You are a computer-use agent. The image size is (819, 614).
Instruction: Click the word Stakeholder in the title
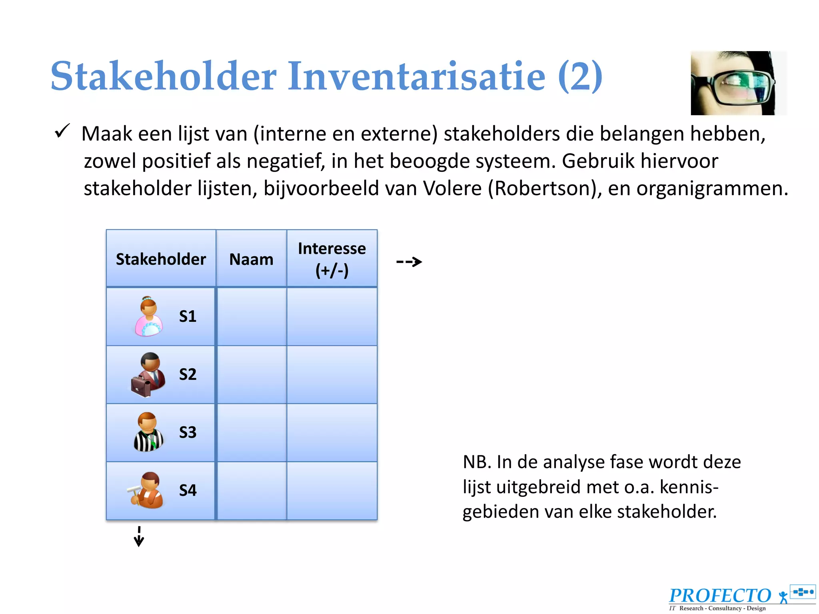pyautogui.click(x=163, y=76)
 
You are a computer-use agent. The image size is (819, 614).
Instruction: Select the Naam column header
pyautogui.click(x=251, y=259)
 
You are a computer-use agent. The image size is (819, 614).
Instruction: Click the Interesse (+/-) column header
pyautogui.click(x=332, y=259)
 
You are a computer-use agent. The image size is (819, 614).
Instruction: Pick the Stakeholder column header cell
pyautogui.click(x=161, y=259)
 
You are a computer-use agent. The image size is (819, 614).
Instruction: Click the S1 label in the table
pyautogui.click(x=188, y=316)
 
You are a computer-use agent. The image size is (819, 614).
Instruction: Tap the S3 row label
pyautogui.click(x=188, y=432)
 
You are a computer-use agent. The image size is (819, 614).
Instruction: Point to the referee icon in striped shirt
pyautogui.click(x=148, y=433)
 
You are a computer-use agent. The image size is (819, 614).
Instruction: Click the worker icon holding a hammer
pyautogui.click(x=146, y=490)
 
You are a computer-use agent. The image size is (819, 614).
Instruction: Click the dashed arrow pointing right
pyautogui.click(x=409, y=262)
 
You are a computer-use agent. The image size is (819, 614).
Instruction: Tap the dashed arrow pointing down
pyautogui.click(x=139, y=536)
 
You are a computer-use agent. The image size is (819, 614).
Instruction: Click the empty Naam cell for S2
pyautogui.click(x=251, y=375)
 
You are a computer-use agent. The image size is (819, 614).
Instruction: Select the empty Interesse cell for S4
pyautogui.click(x=332, y=490)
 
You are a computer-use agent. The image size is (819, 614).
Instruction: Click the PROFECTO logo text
pyautogui.click(x=720, y=596)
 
